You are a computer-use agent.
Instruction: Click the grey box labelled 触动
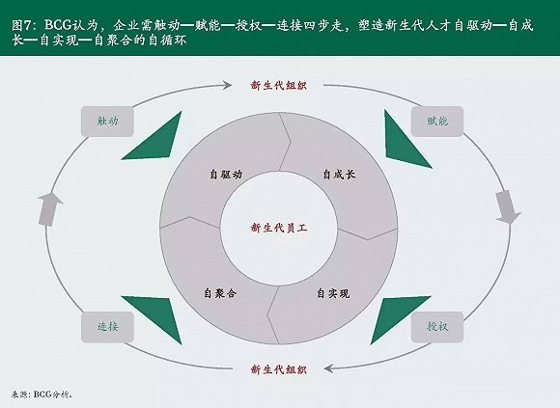pyautogui.click(x=107, y=122)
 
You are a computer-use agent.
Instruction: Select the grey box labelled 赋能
pyautogui.click(x=437, y=122)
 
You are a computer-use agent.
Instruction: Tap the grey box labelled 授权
pyautogui.click(x=437, y=327)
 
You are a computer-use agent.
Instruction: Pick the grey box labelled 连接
pyautogui.click(x=107, y=327)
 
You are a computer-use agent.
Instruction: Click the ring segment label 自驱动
pyautogui.click(x=226, y=175)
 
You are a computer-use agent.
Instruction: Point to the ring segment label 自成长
pyautogui.click(x=339, y=175)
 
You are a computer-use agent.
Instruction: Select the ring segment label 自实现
pyautogui.click(x=333, y=293)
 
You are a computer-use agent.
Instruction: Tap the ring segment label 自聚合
pyautogui.click(x=220, y=293)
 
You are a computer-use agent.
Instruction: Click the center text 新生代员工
pyautogui.click(x=279, y=228)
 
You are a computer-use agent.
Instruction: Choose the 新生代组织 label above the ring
pyautogui.click(x=279, y=86)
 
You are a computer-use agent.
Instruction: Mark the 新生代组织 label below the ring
pyautogui.click(x=279, y=369)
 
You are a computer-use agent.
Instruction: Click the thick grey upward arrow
pyautogui.click(x=49, y=209)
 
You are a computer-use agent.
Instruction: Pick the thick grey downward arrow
pyautogui.click(x=508, y=207)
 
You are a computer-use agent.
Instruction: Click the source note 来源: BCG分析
pyautogui.click(x=42, y=394)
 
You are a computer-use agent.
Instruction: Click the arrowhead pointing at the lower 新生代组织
pyautogui.click(x=328, y=368)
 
